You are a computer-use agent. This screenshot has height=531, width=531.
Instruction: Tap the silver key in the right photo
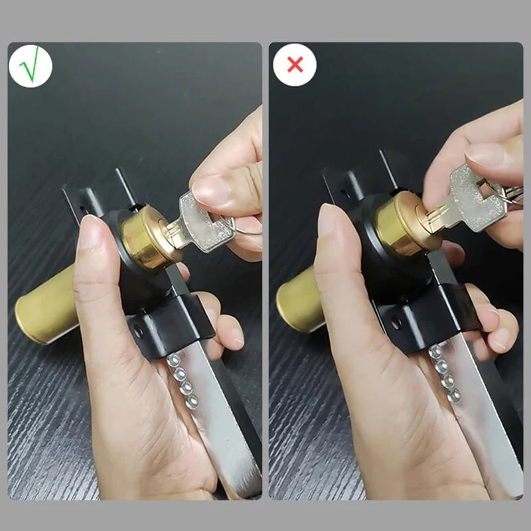(475, 199)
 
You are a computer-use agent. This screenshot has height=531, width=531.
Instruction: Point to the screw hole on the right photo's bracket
(396, 323)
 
